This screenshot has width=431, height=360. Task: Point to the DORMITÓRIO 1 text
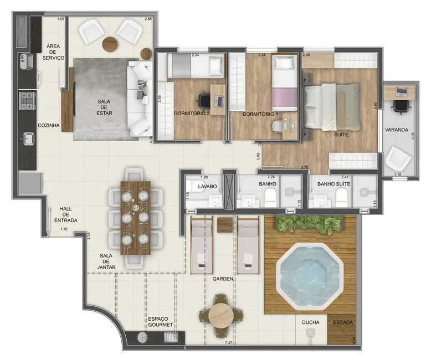click(260, 114)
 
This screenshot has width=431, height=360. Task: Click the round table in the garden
click(221, 315)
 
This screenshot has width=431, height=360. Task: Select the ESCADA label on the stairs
click(342, 322)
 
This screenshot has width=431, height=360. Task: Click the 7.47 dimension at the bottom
click(228, 344)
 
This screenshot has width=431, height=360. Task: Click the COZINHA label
click(49, 126)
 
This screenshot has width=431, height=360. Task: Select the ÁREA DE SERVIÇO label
click(55, 52)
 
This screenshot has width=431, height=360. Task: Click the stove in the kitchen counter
click(27, 100)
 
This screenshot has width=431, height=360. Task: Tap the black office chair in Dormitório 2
click(203, 101)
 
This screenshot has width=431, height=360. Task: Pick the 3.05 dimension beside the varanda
click(414, 134)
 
